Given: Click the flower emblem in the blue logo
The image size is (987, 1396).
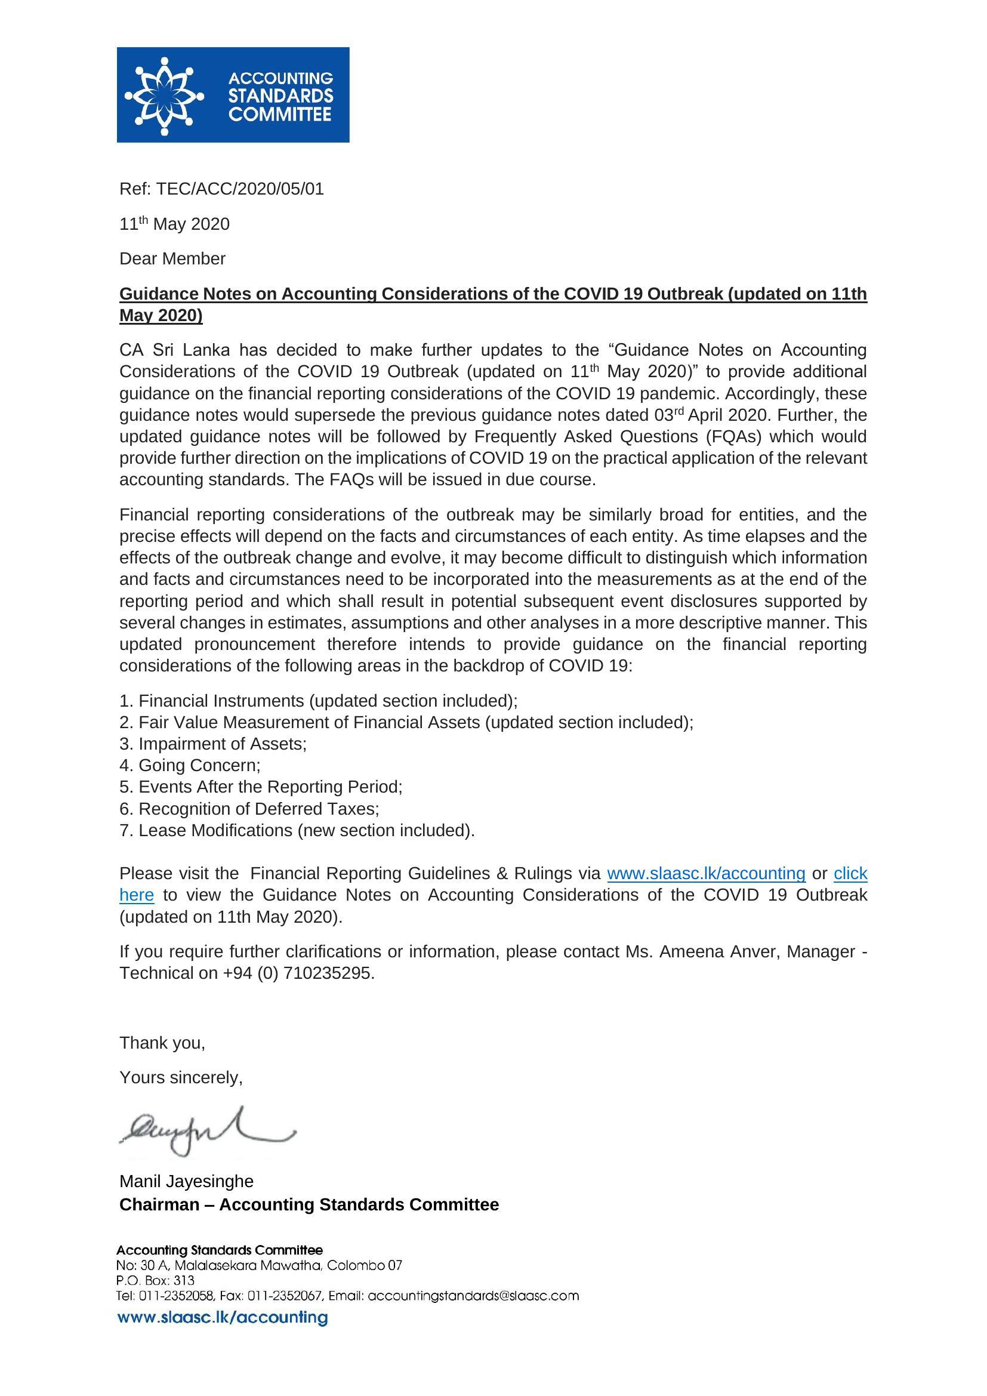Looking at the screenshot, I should click(164, 95).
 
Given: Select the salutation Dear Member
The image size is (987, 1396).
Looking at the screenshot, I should click(172, 258).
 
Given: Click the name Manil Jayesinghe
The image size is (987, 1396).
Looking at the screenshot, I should click(186, 1181).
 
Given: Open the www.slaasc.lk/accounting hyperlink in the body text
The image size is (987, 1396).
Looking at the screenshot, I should click(706, 874).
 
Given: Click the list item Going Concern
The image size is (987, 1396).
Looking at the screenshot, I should click(190, 766).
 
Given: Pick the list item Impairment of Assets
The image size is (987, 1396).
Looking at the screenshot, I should click(213, 744).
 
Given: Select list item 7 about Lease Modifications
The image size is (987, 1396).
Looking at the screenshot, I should click(297, 831).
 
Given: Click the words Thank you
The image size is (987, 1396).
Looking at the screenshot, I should click(162, 1043).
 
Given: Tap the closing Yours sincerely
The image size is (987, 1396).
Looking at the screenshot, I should click(181, 1078).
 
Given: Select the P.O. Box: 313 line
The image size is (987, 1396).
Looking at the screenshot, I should click(156, 1280).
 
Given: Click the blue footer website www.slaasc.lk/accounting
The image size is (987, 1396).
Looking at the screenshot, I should click(223, 1318).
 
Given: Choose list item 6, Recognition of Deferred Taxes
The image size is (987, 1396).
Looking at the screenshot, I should click(249, 809).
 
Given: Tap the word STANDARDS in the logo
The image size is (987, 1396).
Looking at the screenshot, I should click(281, 96).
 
